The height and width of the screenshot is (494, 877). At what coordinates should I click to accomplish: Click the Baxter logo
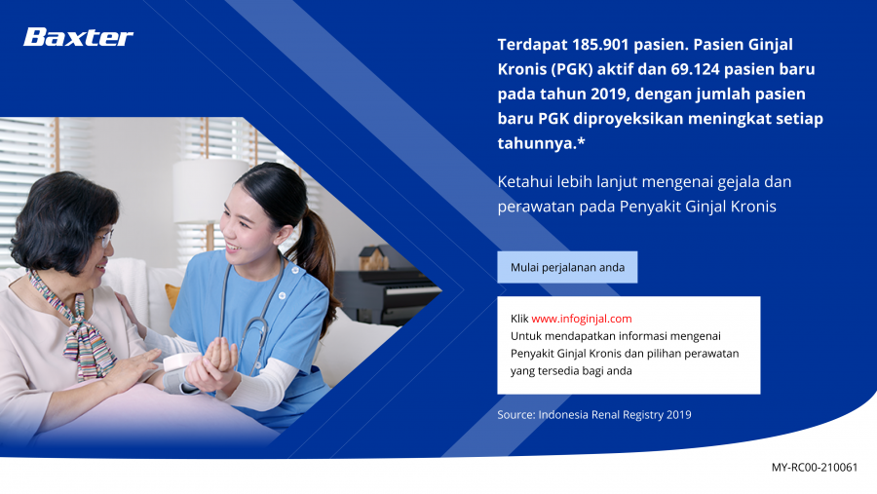click(78, 37)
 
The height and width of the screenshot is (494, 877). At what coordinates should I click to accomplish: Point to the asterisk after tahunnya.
click(582, 140)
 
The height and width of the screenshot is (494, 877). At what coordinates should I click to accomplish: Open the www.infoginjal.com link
click(582, 319)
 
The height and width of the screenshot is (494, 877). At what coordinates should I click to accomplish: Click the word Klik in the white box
click(519, 319)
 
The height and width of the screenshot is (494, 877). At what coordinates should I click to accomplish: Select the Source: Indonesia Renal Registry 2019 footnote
click(594, 414)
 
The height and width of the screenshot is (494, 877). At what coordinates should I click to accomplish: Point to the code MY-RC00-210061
click(815, 467)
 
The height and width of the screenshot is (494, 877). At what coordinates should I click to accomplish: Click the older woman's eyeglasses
click(104, 239)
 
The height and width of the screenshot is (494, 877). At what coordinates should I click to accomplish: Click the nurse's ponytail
click(318, 263)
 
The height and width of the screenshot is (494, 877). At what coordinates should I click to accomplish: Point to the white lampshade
click(209, 190)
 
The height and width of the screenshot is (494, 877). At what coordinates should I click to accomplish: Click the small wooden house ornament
click(373, 258)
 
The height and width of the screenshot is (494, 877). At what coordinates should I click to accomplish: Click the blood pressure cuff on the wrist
click(180, 374)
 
